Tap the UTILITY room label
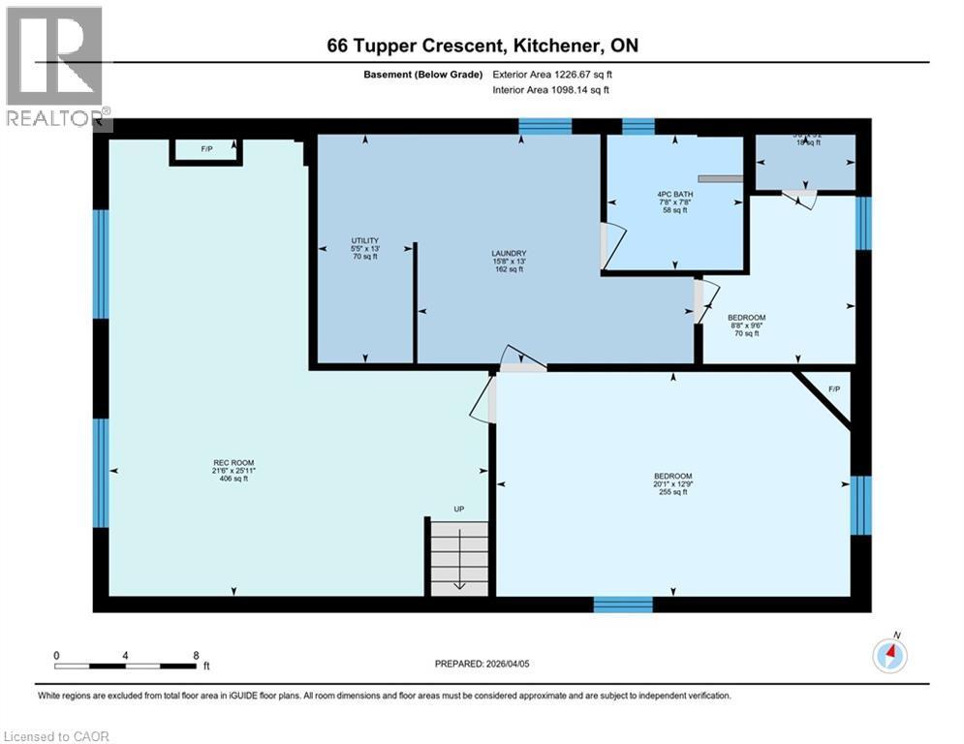point(364,249)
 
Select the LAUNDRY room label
point(509,262)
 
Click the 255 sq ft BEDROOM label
point(672,483)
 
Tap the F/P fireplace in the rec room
point(206,151)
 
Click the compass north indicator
point(889,655)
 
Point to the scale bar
point(126,666)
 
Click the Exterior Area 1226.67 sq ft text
point(551,74)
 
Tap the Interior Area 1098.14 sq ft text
point(551,90)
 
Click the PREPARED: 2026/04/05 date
point(482,664)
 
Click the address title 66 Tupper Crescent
point(482,46)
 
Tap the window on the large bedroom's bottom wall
point(623,604)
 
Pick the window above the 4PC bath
point(637,126)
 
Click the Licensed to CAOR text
point(56,736)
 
